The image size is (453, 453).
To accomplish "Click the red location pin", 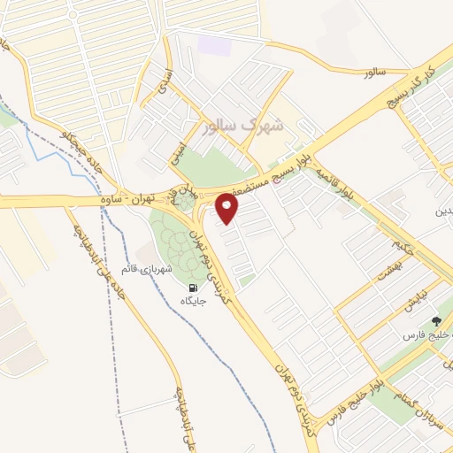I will (x=228, y=209).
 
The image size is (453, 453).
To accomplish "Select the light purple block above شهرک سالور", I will (x=212, y=44).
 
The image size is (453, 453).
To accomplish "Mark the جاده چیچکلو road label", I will (x=79, y=154).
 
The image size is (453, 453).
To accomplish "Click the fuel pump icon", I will (x=192, y=288).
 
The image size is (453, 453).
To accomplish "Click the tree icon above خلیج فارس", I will (x=435, y=322).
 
